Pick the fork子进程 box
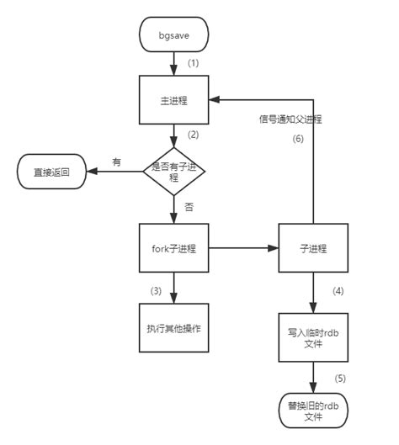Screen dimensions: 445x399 pyautogui.click(x=173, y=249)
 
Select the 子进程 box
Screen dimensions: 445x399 pyautogui.click(x=313, y=249)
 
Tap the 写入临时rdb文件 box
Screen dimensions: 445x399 pyautogui.click(x=313, y=336)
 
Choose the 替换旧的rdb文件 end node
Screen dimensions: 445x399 pyautogui.click(x=313, y=409)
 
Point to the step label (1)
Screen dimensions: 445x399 pyautogui.click(x=193, y=63)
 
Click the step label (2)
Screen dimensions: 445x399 pyautogui.click(x=193, y=135)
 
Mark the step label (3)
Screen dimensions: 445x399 pyautogui.click(x=157, y=290)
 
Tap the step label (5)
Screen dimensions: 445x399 pyautogui.click(x=340, y=378)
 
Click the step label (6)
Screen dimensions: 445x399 pyautogui.click(x=297, y=140)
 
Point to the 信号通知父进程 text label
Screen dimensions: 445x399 pyautogui.click(x=291, y=119)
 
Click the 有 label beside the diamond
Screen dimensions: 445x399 pyautogui.click(x=116, y=162)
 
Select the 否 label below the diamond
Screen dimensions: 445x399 pyautogui.click(x=188, y=206)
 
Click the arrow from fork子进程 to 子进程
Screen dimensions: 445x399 pyautogui.click(x=244, y=249)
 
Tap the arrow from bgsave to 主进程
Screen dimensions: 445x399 pyautogui.click(x=173, y=62)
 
